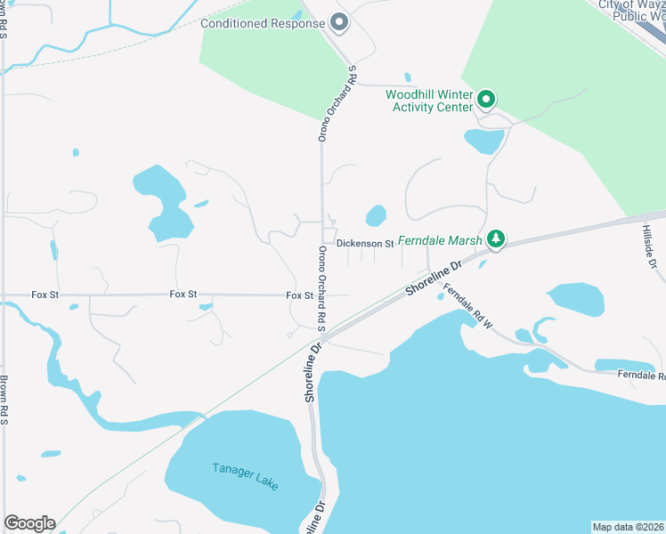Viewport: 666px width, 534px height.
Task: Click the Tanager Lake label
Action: click(x=245, y=476)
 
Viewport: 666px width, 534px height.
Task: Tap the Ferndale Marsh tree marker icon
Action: click(x=496, y=239)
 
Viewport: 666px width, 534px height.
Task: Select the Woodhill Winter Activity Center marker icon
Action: click(x=486, y=98)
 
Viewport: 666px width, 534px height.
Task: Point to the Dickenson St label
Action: click(x=365, y=243)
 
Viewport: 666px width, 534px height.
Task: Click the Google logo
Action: click(x=29, y=523)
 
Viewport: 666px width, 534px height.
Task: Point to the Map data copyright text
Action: click(x=628, y=527)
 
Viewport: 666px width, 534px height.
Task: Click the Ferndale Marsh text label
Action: click(x=440, y=240)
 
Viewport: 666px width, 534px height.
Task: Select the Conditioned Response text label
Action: click(x=263, y=23)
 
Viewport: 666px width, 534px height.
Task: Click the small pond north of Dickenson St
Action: click(x=376, y=215)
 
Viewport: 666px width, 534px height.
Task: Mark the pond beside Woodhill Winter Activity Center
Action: click(x=483, y=140)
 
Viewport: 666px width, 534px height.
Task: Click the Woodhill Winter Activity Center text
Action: click(x=429, y=101)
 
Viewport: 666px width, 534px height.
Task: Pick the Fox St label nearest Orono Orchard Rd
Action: click(x=300, y=295)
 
